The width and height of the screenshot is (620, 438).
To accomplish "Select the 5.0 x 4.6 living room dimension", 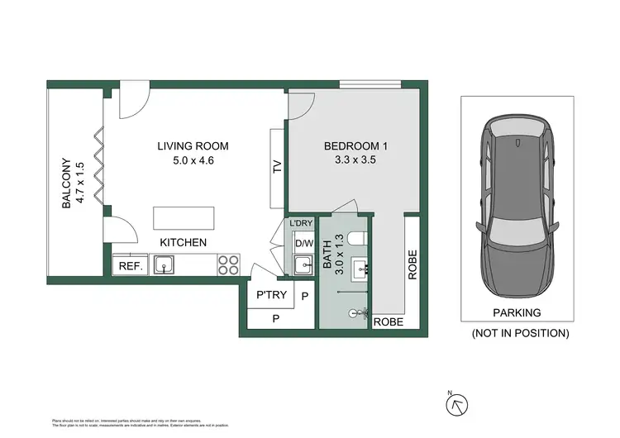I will (x=193, y=161).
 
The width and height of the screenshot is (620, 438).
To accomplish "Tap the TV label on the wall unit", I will (x=277, y=167).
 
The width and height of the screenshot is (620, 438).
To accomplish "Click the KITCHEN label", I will (x=183, y=242).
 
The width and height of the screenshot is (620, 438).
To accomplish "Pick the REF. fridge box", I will (x=131, y=266).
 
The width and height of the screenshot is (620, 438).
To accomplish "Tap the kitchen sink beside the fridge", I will (x=164, y=265).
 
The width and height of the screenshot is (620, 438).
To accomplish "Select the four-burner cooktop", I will (x=228, y=264).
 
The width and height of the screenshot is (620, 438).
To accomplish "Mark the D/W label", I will (x=303, y=244).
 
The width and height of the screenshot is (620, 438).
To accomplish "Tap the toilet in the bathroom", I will (x=357, y=239).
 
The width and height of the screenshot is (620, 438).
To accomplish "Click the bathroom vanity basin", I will (x=361, y=269).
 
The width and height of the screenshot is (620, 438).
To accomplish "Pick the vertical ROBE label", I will (x=412, y=266).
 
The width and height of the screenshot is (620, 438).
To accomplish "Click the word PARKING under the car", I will (x=516, y=313).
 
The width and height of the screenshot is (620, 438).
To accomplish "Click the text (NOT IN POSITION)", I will (x=519, y=333).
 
